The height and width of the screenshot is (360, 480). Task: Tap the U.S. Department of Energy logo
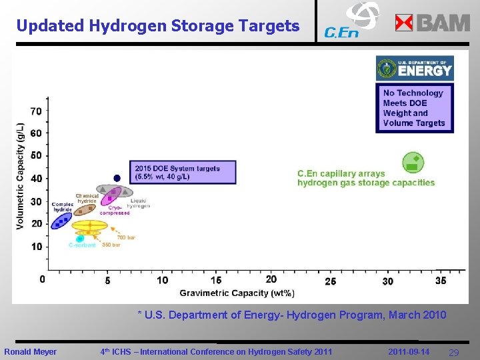[414, 69]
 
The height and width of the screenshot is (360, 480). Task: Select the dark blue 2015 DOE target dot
[117, 178]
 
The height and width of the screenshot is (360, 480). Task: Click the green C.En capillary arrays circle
[413, 163]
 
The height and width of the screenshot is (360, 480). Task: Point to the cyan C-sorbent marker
[80, 238]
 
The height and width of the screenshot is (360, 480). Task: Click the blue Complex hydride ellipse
[61, 221]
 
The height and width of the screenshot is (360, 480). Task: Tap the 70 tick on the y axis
[35, 111]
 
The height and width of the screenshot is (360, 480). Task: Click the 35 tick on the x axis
[441, 281]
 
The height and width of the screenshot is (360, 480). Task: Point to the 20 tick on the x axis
[271, 279]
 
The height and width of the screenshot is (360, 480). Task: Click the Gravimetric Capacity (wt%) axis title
[237, 293]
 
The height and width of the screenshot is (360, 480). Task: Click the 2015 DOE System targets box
[185, 173]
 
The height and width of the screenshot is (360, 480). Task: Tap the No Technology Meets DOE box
[414, 108]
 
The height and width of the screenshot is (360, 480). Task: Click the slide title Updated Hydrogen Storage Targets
[158, 26]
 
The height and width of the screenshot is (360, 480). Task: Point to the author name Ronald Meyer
[31, 352]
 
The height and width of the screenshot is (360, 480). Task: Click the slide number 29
[453, 352]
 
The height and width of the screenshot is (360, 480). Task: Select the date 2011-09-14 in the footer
[409, 351]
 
